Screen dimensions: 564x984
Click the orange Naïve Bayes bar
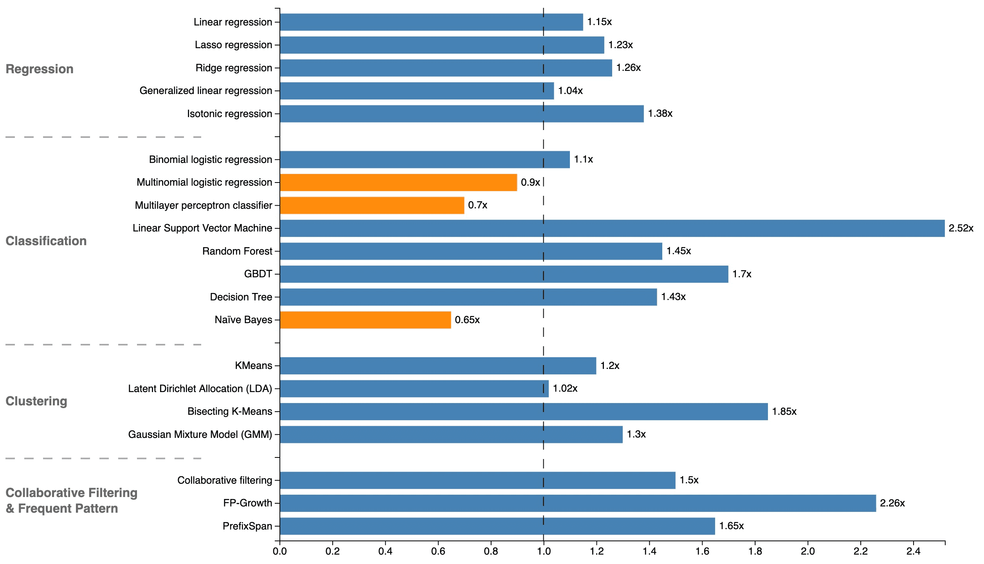click(x=365, y=320)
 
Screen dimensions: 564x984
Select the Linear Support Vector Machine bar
click(x=612, y=228)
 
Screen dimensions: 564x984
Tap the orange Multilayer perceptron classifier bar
click(x=372, y=205)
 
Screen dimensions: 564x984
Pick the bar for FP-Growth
click(x=577, y=503)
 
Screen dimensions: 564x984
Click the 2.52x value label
click(x=961, y=228)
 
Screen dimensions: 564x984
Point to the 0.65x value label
click(x=467, y=320)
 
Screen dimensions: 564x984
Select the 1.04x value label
click(x=570, y=91)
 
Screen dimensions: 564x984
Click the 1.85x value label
click(x=784, y=412)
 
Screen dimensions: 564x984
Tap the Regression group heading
click(x=40, y=69)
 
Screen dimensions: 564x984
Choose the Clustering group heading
click(x=36, y=401)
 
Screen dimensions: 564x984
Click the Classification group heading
click(x=46, y=241)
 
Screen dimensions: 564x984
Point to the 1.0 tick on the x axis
click(x=543, y=551)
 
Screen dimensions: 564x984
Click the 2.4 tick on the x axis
click(x=913, y=551)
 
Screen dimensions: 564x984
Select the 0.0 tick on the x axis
click(x=279, y=551)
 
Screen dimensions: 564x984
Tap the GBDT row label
click(x=258, y=274)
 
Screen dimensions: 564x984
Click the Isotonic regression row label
click(x=229, y=114)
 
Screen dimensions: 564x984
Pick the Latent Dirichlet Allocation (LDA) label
click(x=200, y=389)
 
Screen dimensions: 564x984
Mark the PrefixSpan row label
click(x=247, y=526)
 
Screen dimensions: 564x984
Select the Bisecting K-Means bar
click(x=523, y=412)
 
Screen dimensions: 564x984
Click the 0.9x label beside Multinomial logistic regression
click(x=530, y=183)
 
